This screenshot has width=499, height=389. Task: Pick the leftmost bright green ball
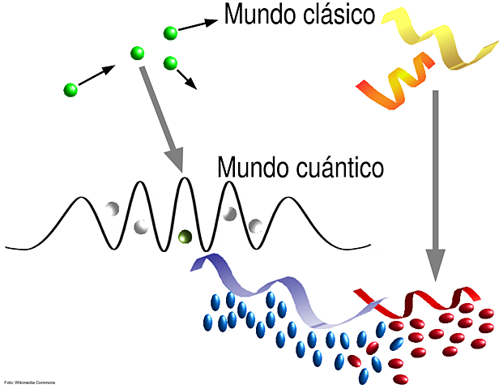[71, 89]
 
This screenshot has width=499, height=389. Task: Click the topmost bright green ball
[170, 32]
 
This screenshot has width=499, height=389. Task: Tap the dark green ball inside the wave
[186, 237]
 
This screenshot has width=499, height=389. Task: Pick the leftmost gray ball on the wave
[113, 209]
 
